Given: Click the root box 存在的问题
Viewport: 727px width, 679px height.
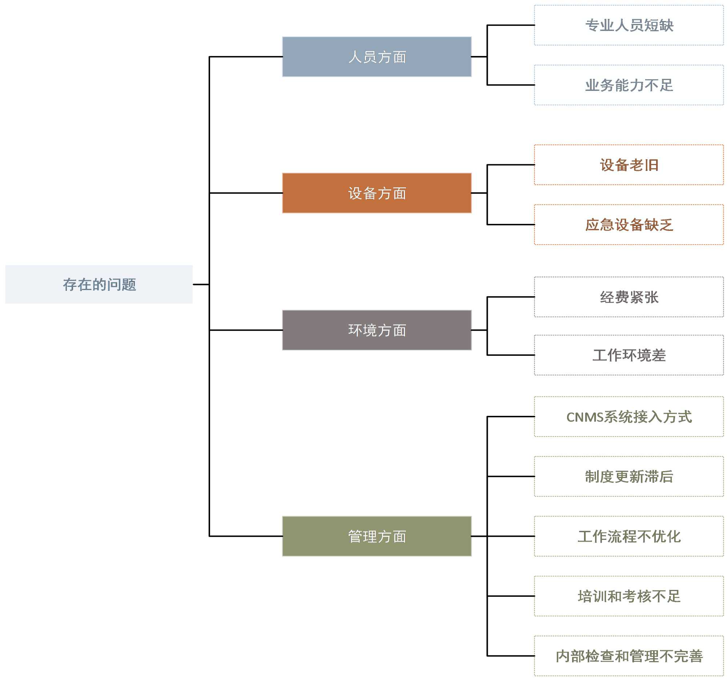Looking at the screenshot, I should [99, 285].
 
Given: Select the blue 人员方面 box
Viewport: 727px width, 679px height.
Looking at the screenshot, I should [377, 57].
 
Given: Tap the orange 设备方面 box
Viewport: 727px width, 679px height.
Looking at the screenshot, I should [377, 193].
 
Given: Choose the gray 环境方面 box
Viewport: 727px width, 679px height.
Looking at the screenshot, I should [377, 330].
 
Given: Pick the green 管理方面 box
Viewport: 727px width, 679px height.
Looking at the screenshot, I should [377, 537].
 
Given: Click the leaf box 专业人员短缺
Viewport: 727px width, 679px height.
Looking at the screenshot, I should [628, 25].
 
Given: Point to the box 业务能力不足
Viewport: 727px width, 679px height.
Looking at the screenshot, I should [628, 85].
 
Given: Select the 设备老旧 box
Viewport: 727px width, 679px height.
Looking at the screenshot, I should [628, 165].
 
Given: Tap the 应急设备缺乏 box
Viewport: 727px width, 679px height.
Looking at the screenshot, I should [628, 225].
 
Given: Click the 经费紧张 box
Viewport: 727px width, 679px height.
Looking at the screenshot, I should [628, 297].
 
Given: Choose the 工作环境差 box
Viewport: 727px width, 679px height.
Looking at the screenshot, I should [628, 355].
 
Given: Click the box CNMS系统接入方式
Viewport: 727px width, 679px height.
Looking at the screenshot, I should [628, 417].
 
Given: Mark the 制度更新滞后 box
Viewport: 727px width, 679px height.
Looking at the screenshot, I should [628, 477].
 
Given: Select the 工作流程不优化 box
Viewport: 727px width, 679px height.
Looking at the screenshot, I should [628, 537].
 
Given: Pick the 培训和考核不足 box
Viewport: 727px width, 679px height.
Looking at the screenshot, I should [628, 596].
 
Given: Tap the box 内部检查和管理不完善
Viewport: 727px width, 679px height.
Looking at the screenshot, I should [628, 656].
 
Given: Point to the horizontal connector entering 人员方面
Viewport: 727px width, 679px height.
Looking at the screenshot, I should [246, 57].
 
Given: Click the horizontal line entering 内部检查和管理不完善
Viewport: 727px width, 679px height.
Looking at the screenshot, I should [511, 656].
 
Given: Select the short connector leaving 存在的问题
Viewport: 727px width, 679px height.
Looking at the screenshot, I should [201, 285].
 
